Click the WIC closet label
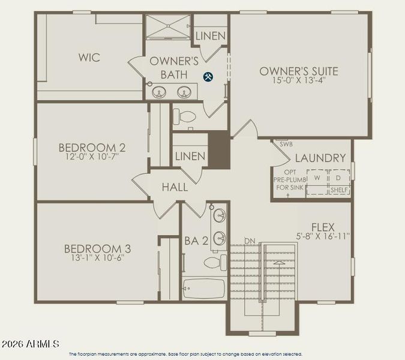click(89, 58)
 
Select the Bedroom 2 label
click(92, 147)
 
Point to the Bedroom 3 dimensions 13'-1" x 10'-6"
click(98, 259)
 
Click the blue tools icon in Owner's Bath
click(208, 76)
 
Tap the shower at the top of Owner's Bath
click(167, 28)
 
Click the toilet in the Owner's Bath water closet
click(187, 116)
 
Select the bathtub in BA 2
click(203, 288)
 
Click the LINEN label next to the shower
click(211, 36)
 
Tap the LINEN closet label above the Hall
click(190, 157)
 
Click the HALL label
click(175, 187)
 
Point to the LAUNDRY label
click(320, 158)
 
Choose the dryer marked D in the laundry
click(338, 178)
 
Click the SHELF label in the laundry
click(339, 190)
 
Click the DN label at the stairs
click(250, 241)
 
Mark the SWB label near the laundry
click(286, 144)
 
